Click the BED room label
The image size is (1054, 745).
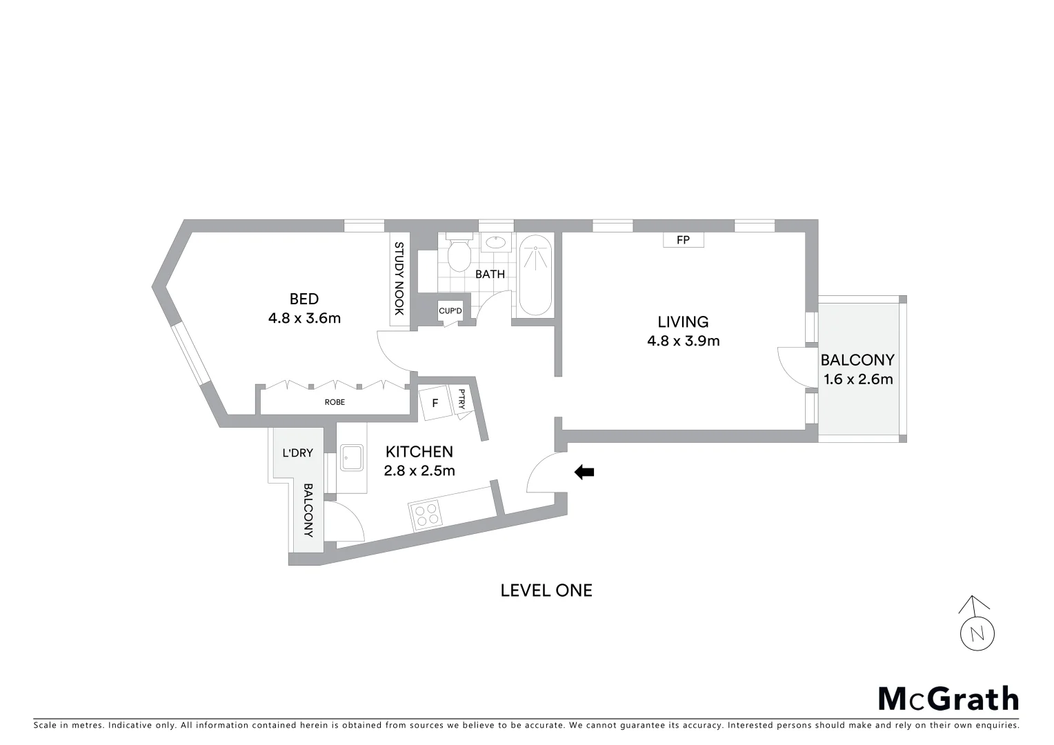coord(304,299)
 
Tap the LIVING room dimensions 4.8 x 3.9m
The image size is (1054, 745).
coord(683,341)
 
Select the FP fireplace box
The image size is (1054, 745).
coord(683,241)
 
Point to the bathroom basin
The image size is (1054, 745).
coord(495,242)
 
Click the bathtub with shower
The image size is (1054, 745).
coord(535,275)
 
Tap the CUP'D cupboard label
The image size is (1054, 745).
coord(450,311)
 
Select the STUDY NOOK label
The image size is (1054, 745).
coord(398,279)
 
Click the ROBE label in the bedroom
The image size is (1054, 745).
coord(335,402)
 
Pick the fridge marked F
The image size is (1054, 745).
coord(435,403)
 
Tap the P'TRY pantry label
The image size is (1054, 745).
coord(461,402)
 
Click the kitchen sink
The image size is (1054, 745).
coord(352,458)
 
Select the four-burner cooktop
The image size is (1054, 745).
coord(426,513)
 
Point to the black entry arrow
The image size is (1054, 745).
coord(584,472)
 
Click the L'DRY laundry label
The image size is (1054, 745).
coord(297,453)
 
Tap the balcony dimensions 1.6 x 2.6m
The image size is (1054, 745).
coord(858,379)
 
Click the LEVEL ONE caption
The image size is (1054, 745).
coord(546,590)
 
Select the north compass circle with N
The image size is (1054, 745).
coord(977,634)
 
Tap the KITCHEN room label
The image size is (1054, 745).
coord(419,452)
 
